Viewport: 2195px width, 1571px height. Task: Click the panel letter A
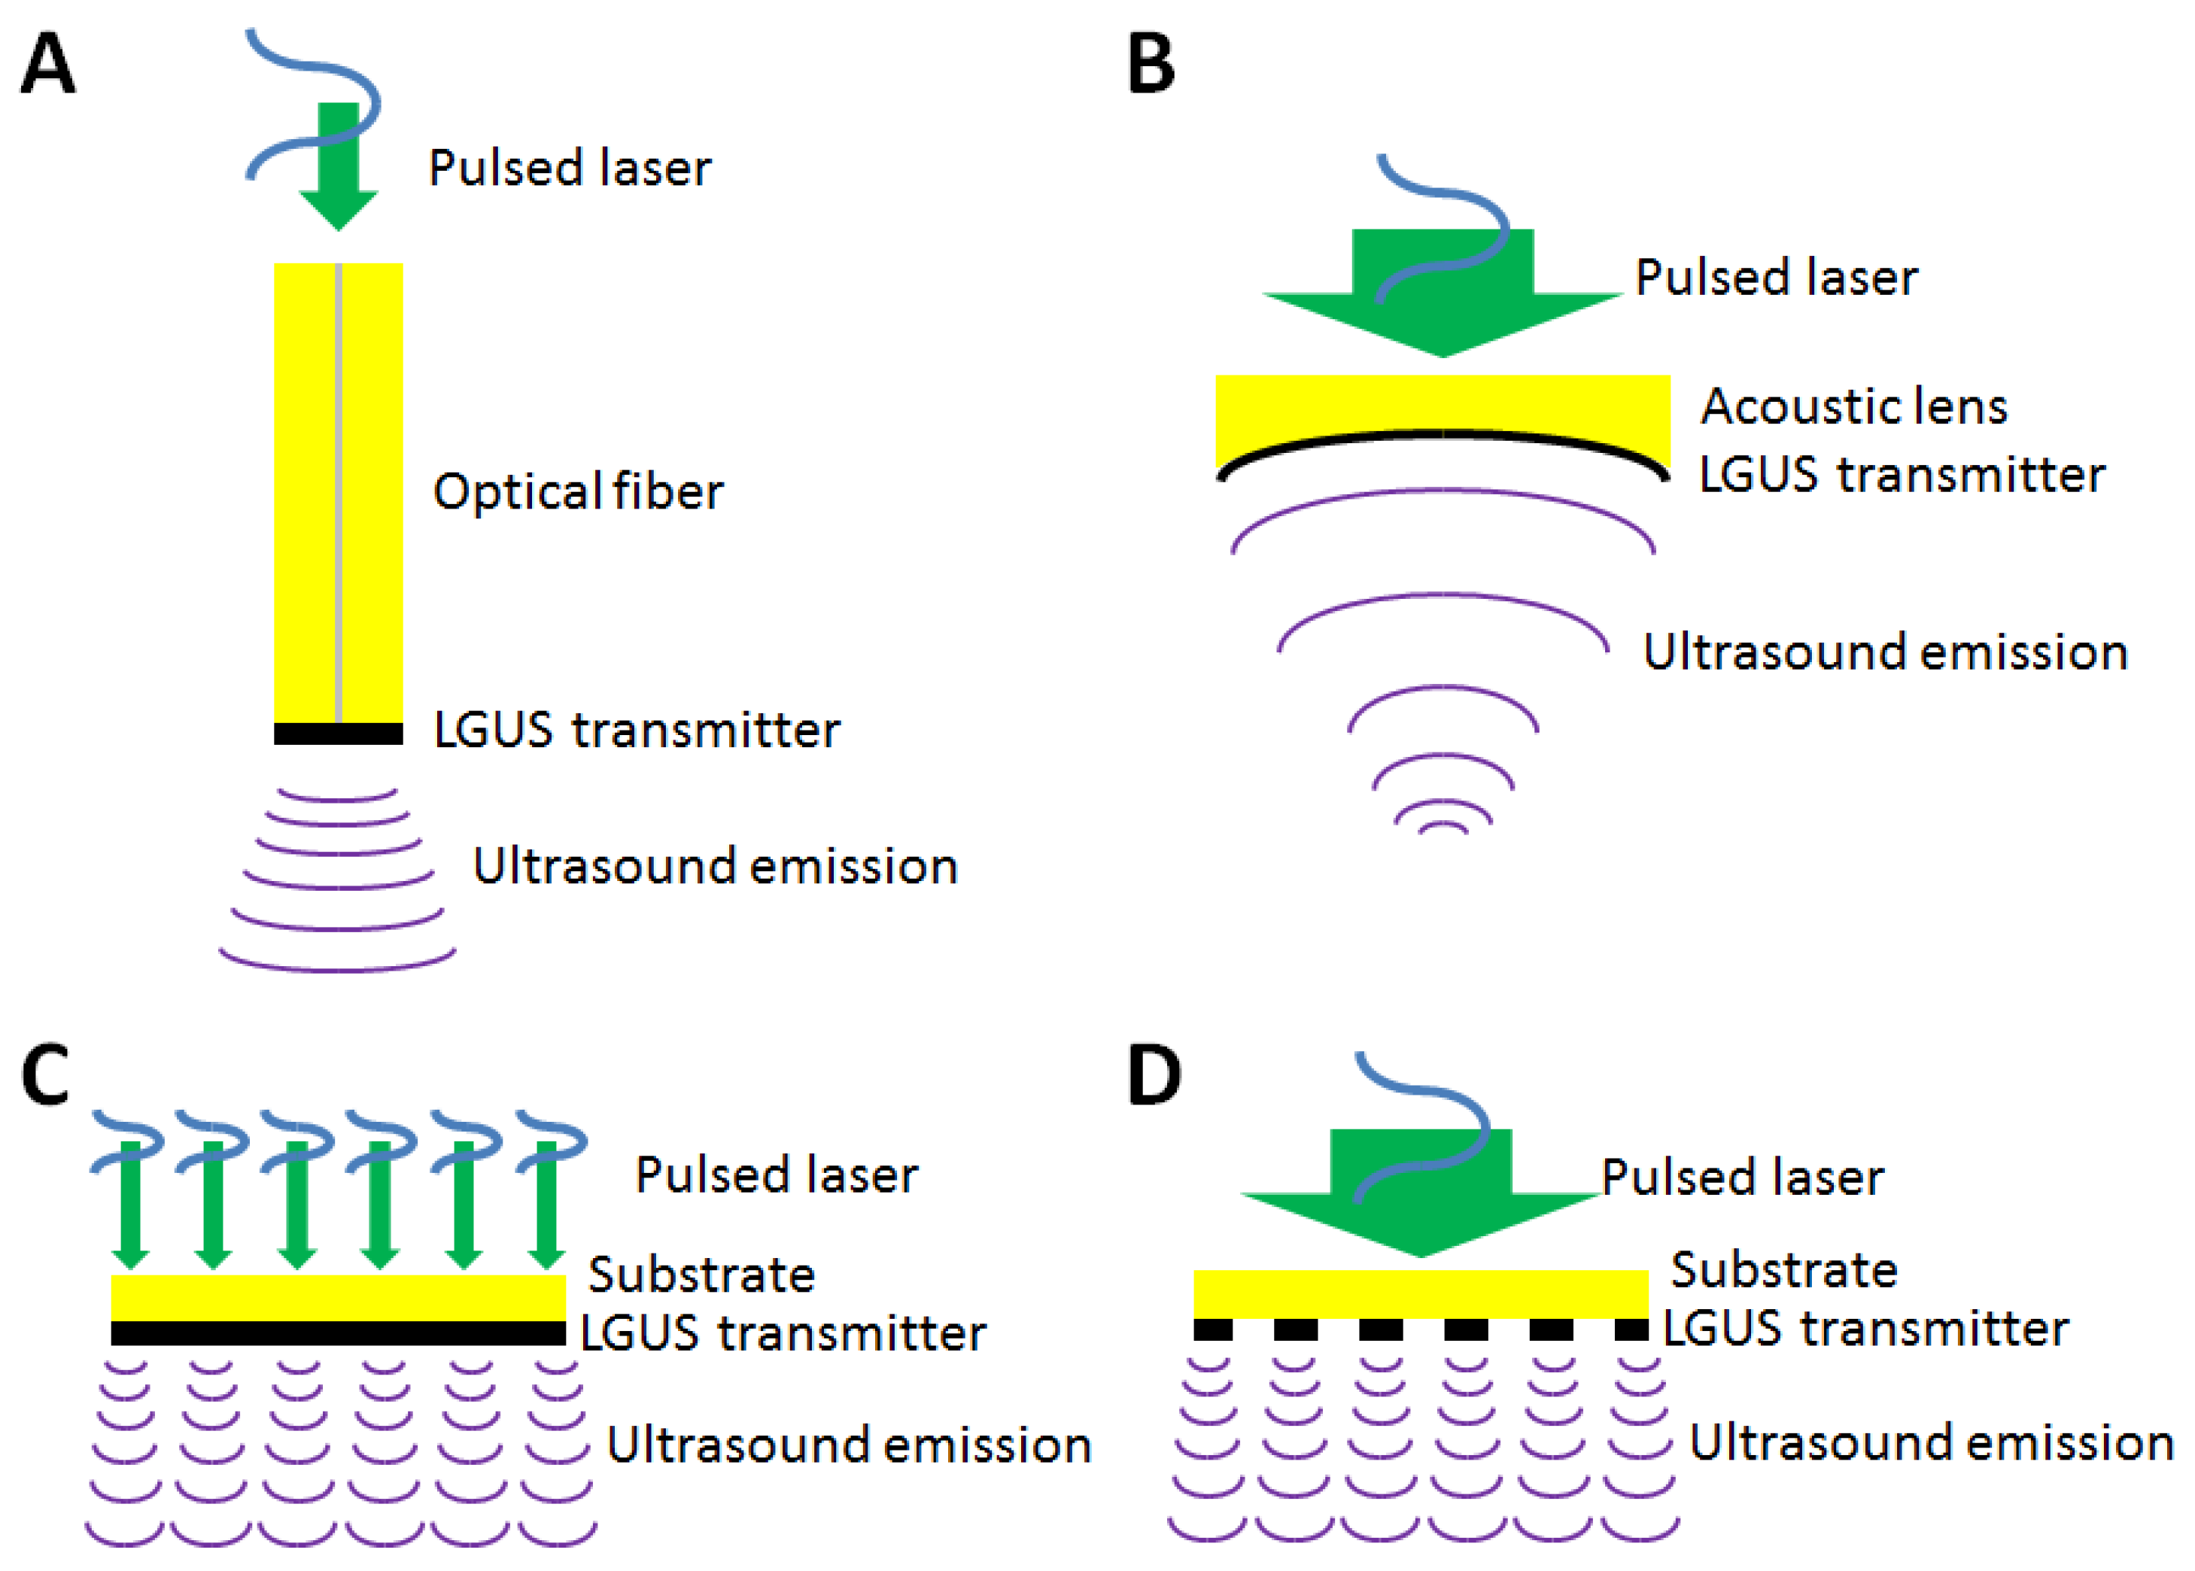click(x=47, y=64)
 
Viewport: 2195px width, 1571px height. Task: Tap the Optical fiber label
click(x=577, y=491)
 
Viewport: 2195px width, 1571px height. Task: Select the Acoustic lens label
click(x=1853, y=406)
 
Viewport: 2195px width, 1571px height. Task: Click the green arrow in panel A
click(x=338, y=174)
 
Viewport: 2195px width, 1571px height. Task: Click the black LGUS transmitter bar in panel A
click(x=338, y=734)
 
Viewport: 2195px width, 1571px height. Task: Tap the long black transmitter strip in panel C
click(x=338, y=1333)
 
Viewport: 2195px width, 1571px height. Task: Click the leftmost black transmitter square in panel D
click(x=1212, y=1329)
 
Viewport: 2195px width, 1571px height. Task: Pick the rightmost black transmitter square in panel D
click(x=1631, y=1329)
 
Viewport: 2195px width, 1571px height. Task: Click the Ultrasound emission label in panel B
click(x=1884, y=652)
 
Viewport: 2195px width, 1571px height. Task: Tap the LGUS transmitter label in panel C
click(x=783, y=1333)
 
